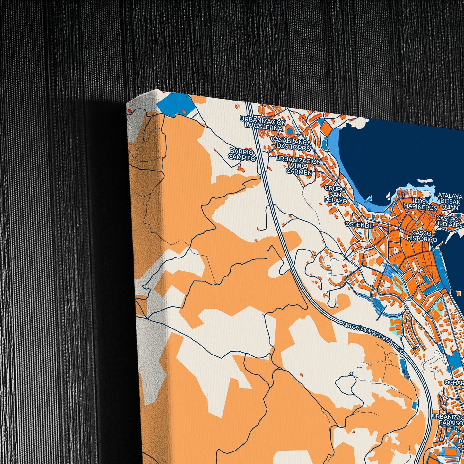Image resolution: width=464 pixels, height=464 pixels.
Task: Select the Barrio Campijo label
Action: tap(242, 154)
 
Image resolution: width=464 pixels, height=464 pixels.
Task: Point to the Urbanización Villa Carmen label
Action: tap(299, 166)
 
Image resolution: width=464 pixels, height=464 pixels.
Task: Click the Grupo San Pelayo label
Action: tap(336, 194)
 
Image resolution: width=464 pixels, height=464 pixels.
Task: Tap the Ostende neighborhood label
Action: tap(359, 225)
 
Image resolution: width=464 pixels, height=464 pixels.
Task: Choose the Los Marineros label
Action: tap(421, 205)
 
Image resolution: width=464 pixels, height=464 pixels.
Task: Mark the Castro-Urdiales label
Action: tap(450, 222)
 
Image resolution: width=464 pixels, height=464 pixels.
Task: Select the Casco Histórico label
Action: tap(422, 236)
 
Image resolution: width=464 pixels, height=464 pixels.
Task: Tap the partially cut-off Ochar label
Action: tap(454, 383)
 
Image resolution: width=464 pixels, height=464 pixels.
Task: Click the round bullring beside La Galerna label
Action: tap(290, 131)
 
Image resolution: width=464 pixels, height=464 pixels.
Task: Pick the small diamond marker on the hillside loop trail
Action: tap(352, 373)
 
